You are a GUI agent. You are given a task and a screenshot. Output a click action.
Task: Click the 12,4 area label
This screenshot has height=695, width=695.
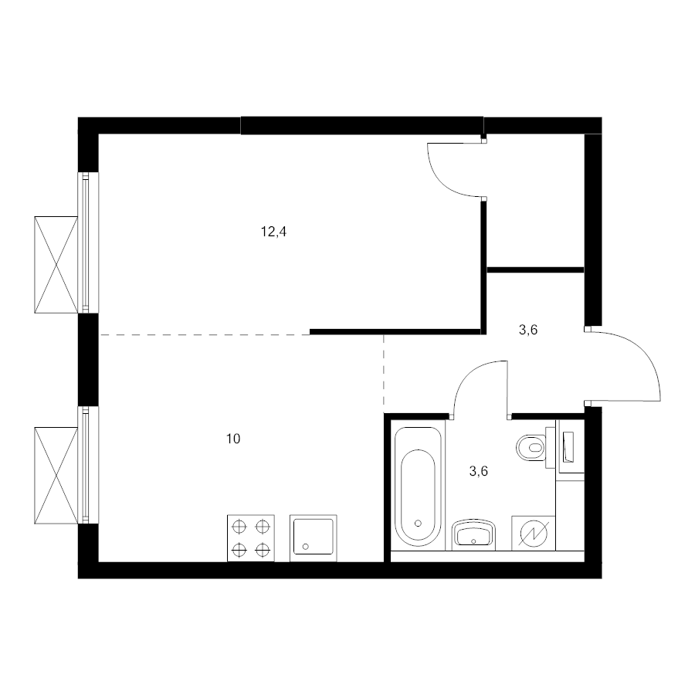(273, 232)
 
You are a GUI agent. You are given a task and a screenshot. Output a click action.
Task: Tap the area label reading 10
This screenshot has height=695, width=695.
(233, 439)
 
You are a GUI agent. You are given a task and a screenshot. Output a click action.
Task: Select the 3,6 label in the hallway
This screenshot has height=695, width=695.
(528, 330)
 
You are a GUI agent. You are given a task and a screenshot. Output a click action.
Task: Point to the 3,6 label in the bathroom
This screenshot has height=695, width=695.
(478, 471)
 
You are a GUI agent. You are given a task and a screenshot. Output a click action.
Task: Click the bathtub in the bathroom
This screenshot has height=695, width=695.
(418, 486)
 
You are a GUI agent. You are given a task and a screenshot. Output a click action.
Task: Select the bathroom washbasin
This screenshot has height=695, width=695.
(474, 534)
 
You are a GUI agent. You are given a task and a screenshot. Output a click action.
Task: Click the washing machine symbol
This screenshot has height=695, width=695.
(534, 533)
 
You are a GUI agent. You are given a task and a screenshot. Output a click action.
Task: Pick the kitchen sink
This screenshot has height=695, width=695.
(314, 538)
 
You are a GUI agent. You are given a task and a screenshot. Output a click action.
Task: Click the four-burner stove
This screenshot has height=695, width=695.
(251, 538)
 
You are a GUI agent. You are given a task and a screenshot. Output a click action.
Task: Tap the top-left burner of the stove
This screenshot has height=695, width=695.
(239, 527)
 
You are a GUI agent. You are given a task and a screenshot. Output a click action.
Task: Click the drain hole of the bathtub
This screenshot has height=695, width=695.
(418, 523)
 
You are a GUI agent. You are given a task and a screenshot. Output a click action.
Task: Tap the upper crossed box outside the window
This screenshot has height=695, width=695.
(56, 265)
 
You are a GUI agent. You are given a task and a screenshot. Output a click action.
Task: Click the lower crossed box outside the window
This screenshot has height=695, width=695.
(56, 476)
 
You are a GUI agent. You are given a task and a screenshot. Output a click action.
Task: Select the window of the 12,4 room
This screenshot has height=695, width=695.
(88, 242)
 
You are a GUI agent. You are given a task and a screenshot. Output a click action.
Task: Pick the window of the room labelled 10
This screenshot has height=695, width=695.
(88, 465)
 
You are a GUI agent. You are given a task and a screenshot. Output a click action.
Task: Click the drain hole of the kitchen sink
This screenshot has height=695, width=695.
(305, 547)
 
